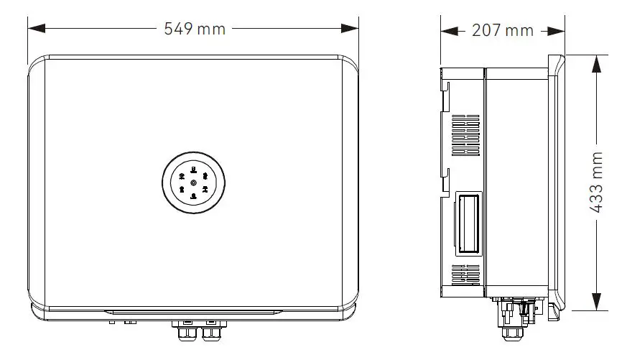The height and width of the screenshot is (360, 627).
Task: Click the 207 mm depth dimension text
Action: click(503, 30)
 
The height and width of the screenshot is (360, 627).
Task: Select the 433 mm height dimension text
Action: click(596, 183)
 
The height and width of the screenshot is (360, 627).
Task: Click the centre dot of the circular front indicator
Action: click(194, 183)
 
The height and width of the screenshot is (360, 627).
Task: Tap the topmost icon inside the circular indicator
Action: click(194, 170)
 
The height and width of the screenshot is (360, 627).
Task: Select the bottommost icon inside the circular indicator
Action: click(194, 195)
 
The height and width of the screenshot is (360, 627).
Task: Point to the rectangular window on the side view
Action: click(468, 222)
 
